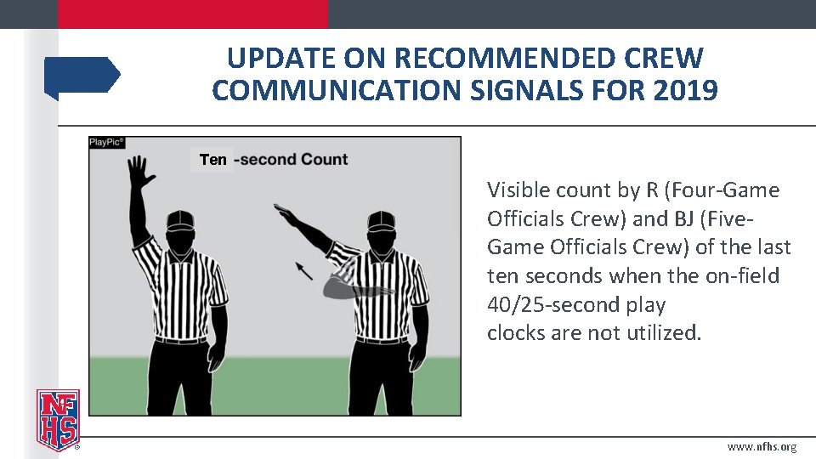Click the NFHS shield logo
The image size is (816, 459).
tap(57, 419)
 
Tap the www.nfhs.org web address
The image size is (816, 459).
tap(762, 447)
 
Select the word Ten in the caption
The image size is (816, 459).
tap(212, 159)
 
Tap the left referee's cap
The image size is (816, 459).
tap(181, 220)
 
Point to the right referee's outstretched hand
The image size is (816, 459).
tap(287, 213)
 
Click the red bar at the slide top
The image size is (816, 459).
tap(192, 14)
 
